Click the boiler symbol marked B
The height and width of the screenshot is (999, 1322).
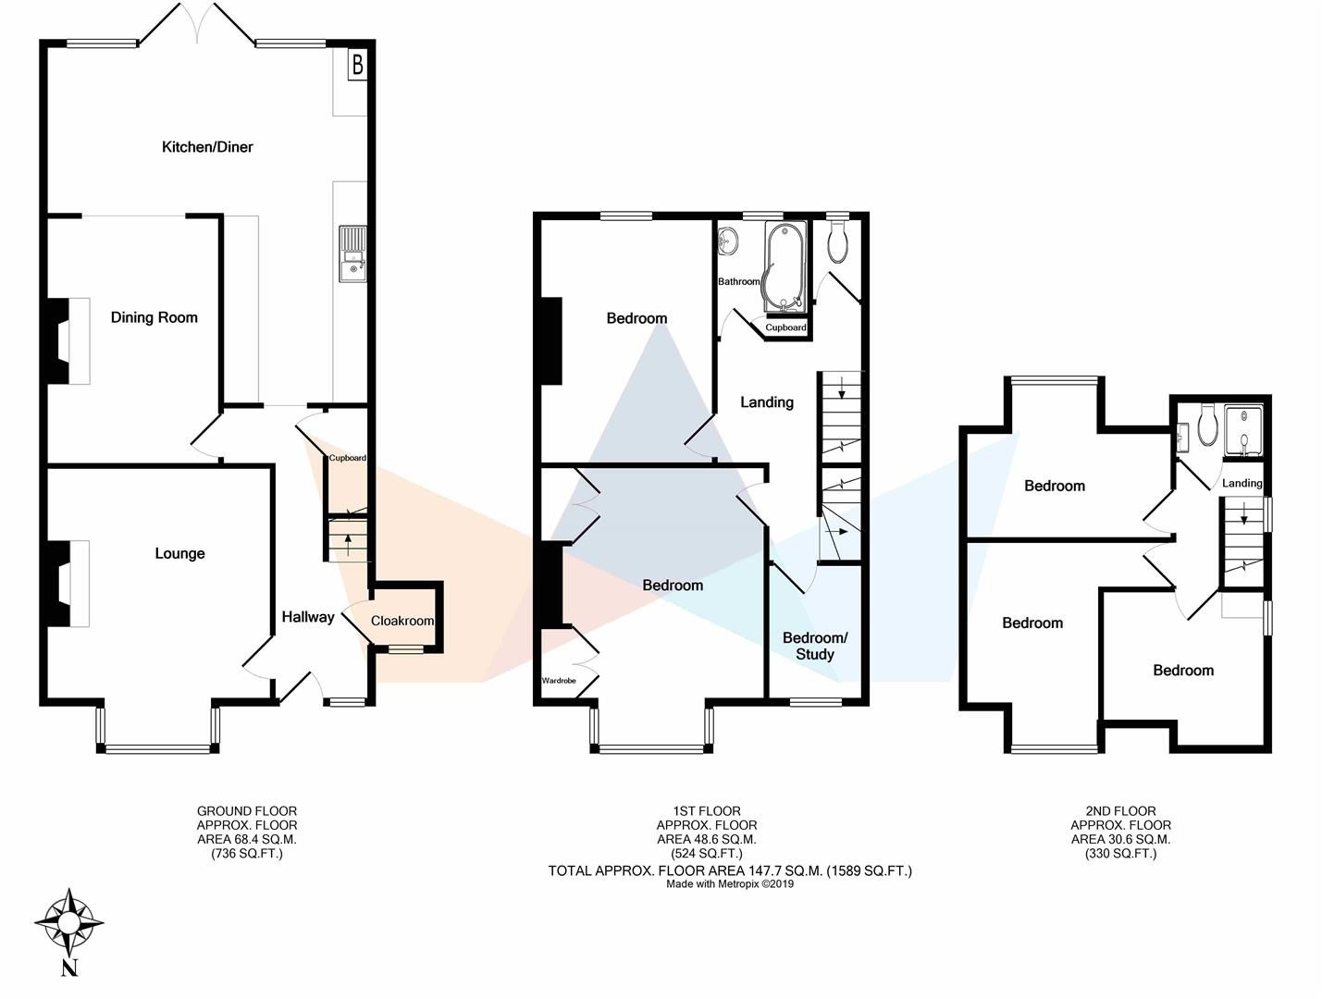[357, 67]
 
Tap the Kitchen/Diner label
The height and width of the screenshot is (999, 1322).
[207, 147]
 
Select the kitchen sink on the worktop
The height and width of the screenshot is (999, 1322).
[353, 253]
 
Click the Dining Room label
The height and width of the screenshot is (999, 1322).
[154, 317]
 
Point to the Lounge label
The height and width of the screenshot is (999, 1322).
[179, 553]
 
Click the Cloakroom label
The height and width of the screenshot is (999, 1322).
[402, 621]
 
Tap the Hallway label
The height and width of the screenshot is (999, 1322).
[307, 617]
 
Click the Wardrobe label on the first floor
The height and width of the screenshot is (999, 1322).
[559, 681]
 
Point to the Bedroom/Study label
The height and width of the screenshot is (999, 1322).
[814, 646]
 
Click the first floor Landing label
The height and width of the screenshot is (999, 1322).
[766, 401]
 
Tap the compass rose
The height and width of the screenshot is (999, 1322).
[68, 923]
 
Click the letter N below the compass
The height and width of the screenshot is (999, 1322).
[68, 968]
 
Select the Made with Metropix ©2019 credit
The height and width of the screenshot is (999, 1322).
[730, 884]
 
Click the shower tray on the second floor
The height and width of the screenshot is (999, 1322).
[1244, 430]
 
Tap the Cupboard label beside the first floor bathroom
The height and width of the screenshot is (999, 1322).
[785, 327]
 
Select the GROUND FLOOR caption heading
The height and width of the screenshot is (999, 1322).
[247, 811]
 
